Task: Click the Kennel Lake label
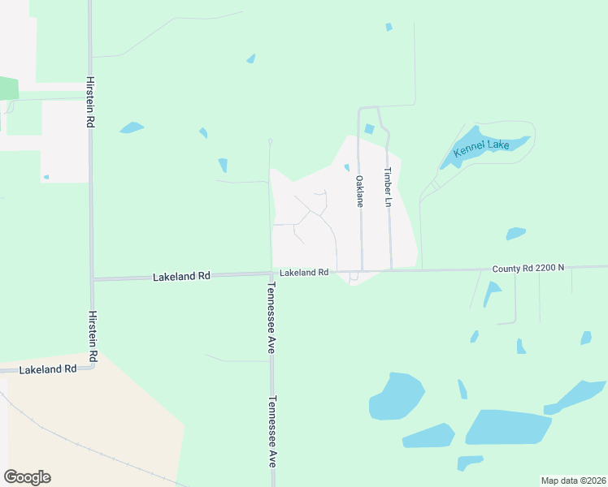(481, 145)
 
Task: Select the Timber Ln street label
(389, 187)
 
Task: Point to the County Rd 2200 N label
(528, 268)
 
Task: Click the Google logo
(27, 477)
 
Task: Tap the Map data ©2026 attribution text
(572, 481)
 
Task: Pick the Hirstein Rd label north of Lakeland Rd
(89, 103)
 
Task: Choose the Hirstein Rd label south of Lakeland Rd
(93, 335)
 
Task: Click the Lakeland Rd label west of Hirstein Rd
(47, 368)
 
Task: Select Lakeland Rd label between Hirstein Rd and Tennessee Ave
(181, 276)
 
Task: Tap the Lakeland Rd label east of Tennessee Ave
(304, 273)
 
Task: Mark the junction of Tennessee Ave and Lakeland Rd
(271, 274)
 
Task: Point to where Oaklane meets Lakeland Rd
(361, 270)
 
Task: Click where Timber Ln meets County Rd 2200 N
(391, 269)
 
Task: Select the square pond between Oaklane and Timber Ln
(370, 128)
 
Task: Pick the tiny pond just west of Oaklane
(347, 168)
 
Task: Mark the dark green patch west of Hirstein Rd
(8, 88)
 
